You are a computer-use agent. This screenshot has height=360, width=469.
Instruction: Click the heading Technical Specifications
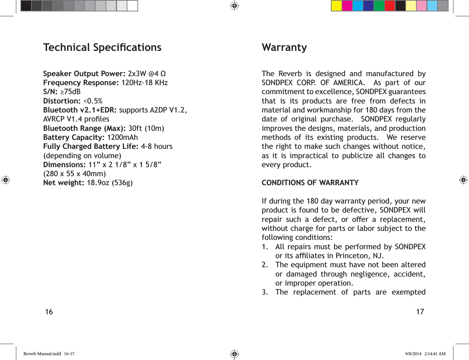[x=102, y=47]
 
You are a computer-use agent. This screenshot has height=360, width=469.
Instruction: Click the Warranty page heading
[x=284, y=47]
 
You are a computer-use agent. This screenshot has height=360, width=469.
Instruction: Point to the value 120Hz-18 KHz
[x=144, y=83]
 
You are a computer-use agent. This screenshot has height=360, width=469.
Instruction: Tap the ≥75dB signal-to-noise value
[x=70, y=92]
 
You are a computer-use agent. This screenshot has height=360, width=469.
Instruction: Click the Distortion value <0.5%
[x=93, y=101]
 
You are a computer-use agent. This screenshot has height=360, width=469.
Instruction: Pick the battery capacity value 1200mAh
[x=122, y=137]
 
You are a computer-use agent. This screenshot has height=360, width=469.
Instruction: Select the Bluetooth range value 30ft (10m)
[x=146, y=128]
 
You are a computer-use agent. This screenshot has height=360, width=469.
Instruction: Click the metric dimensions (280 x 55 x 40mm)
[x=74, y=174]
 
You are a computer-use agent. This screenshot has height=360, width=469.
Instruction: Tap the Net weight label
[x=64, y=183]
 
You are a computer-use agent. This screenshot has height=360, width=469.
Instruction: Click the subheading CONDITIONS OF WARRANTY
[x=310, y=183]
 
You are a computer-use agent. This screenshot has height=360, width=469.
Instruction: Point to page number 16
[x=49, y=312]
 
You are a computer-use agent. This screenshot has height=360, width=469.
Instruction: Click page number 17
[x=420, y=312]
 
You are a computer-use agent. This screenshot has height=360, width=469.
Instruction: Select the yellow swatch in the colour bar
[x=336, y=6]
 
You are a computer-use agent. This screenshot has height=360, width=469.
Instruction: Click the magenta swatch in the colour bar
[x=347, y=6]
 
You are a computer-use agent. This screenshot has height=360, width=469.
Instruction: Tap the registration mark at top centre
[x=234, y=6]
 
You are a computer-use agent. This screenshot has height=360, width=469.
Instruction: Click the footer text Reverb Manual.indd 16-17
[x=49, y=354]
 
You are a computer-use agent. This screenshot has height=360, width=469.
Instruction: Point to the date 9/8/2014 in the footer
[x=413, y=354]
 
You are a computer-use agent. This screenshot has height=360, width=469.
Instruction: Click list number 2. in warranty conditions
[x=265, y=265]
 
